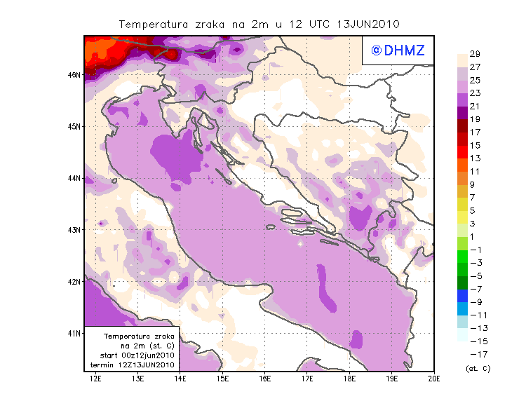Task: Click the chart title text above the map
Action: coord(259,24)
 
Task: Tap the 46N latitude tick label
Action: coord(74,74)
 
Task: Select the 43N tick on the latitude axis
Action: coord(74,229)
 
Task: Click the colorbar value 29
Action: coord(475,54)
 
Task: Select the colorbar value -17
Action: coord(475,353)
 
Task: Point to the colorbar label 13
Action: coord(475,158)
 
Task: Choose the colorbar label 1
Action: coord(475,236)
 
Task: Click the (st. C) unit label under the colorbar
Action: coord(478,368)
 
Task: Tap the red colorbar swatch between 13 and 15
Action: coord(463,151)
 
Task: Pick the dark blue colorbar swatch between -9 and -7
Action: coord(463,295)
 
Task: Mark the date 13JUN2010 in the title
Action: coord(369,24)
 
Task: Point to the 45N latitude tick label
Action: coord(74,126)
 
